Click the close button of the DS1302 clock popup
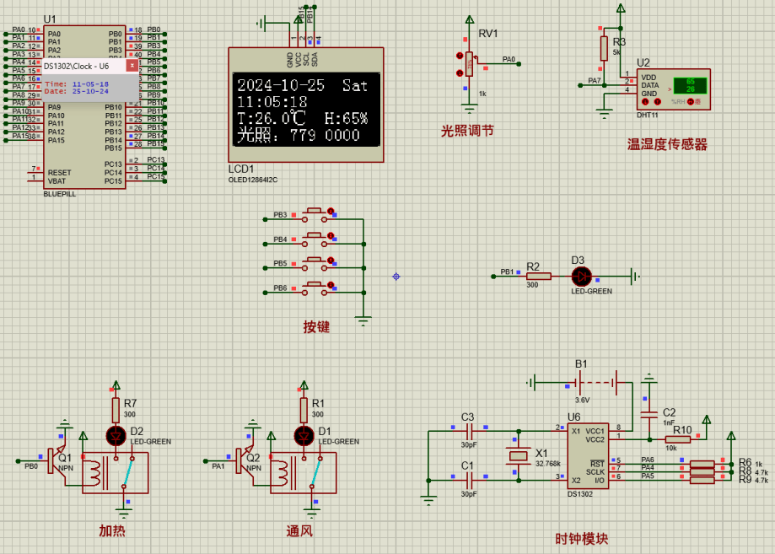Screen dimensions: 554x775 click(x=132, y=65)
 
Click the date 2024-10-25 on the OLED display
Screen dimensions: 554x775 click(x=281, y=85)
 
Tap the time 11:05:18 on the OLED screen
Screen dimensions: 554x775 click(x=272, y=102)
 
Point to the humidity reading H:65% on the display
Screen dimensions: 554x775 click(x=346, y=118)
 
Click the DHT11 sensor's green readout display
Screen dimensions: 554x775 click(x=691, y=85)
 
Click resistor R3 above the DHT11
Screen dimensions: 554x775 click(x=604, y=48)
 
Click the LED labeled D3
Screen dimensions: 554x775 click(x=581, y=276)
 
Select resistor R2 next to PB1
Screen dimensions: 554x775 click(x=537, y=276)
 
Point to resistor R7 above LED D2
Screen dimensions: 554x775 click(x=116, y=410)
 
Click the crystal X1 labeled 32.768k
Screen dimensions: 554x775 click(x=518, y=456)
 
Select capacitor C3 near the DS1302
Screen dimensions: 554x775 click(x=468, y=431)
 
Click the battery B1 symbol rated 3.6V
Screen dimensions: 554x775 click(x=582, y=383)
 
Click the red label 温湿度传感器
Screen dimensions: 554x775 click(x=667, y=145)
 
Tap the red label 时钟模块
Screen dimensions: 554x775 click(x=581, y=538)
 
